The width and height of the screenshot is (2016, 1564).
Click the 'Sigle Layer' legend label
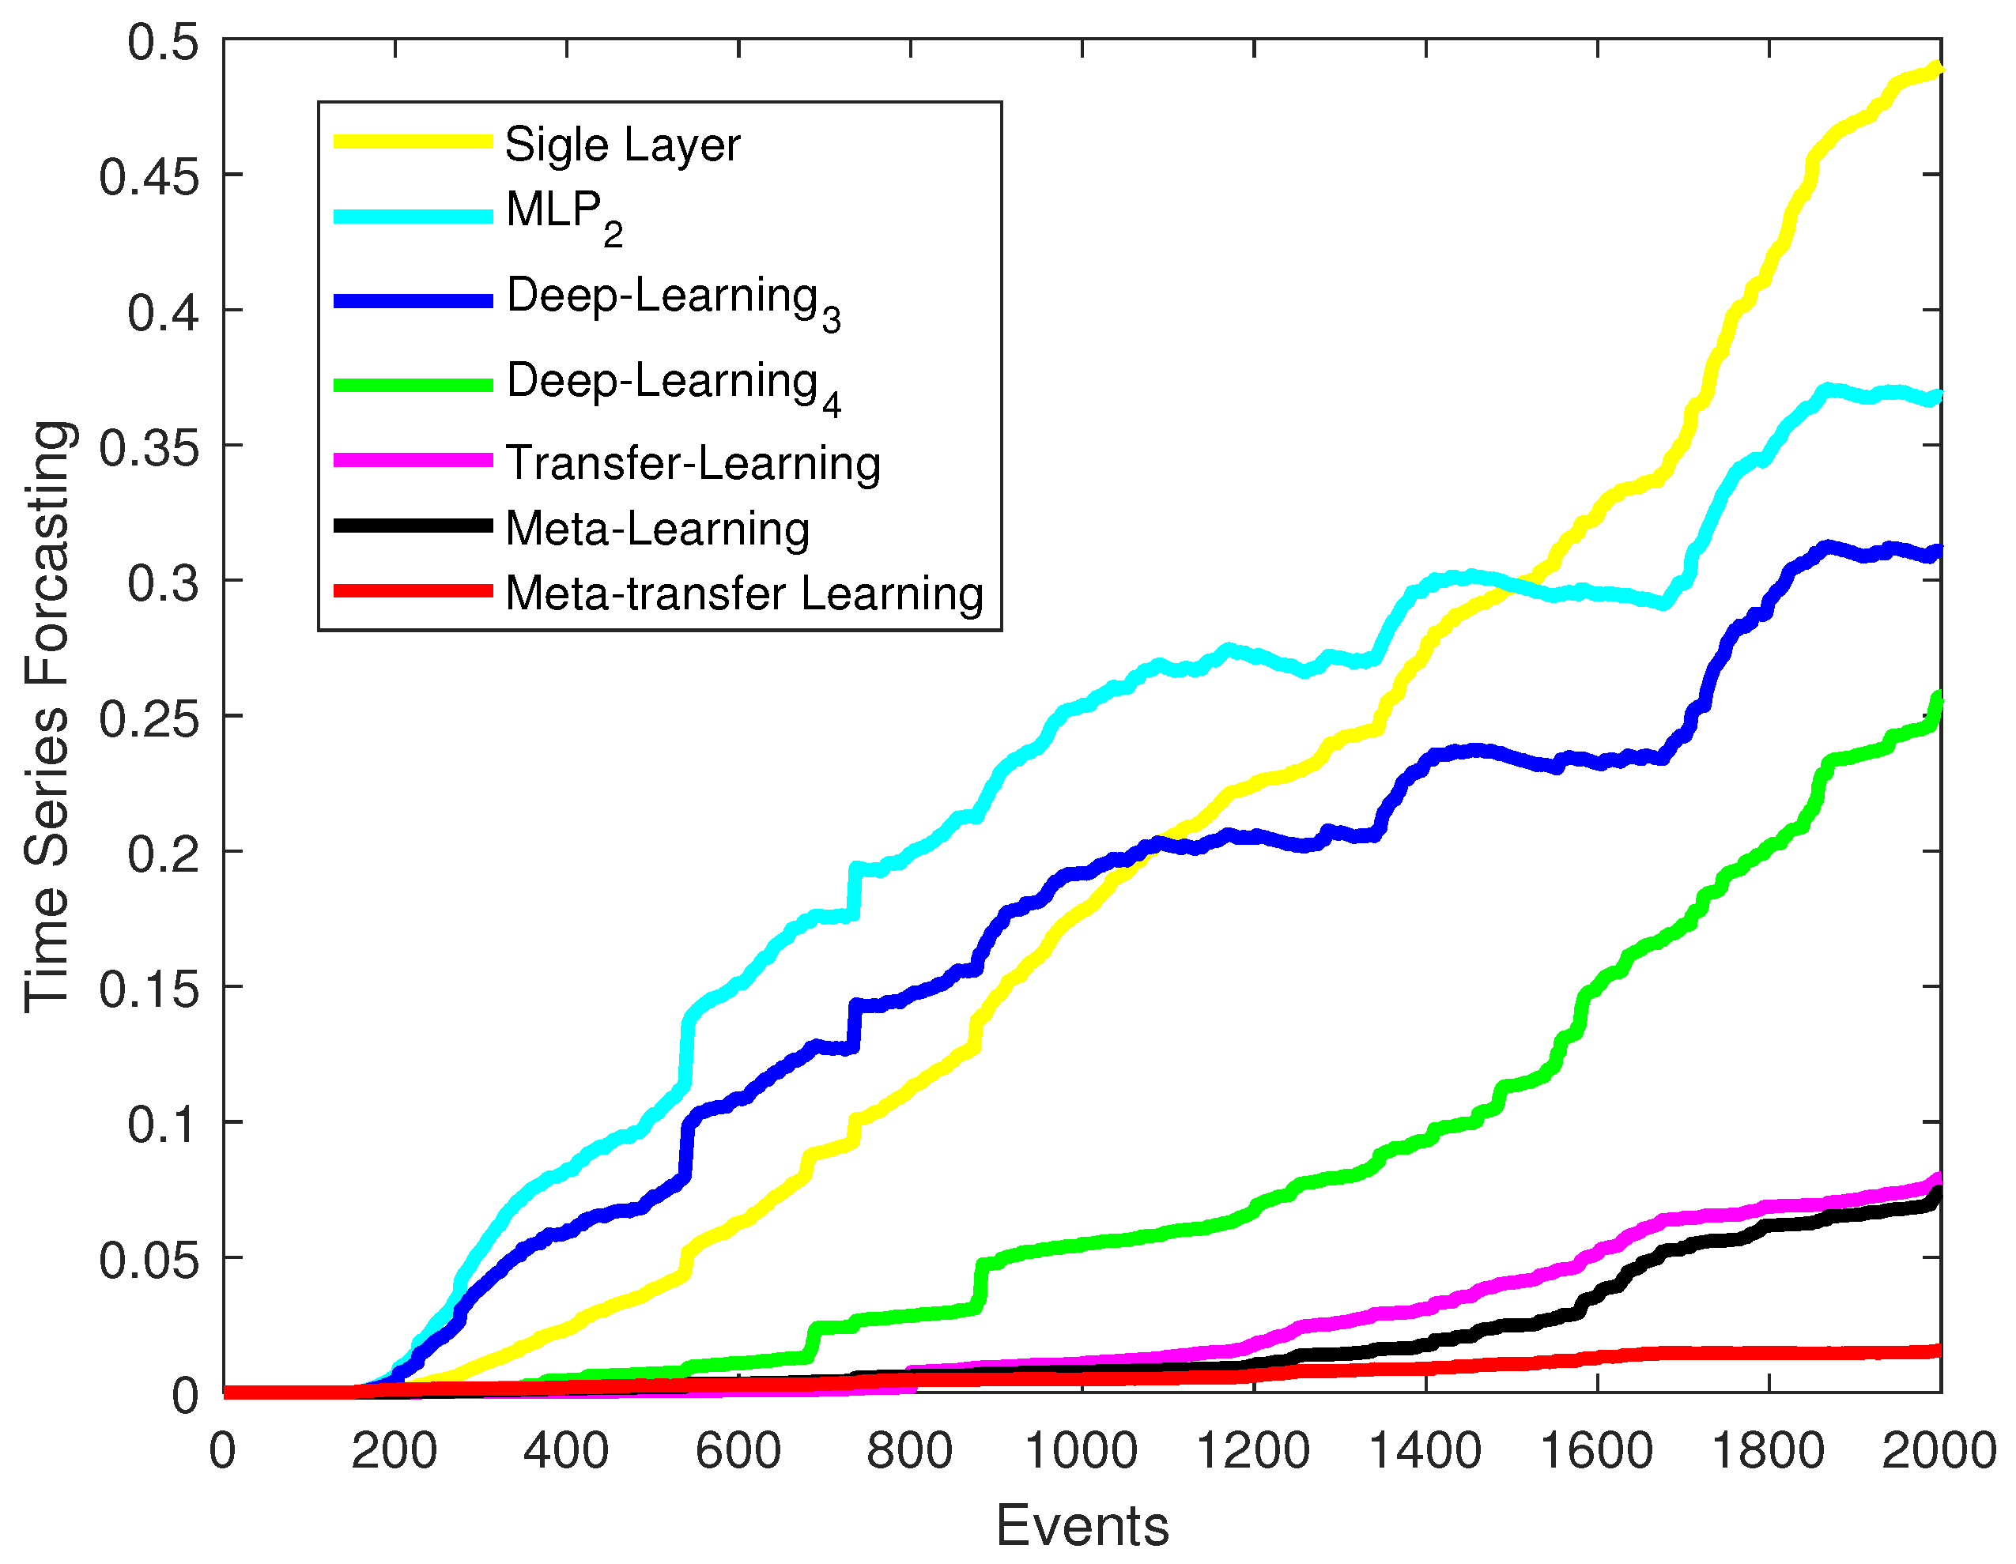coord(622,145)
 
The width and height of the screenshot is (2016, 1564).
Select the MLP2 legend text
coord(564,214)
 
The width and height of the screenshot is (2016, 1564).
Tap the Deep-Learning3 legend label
coord(673,299)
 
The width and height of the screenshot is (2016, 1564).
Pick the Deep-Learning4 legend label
coord(673,384)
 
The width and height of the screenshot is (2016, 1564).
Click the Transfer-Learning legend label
coord(693,462)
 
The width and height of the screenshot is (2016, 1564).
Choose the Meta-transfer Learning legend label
coord(744,593)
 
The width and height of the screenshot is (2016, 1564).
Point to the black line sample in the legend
coord(413,526)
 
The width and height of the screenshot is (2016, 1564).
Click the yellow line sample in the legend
coord(413,141)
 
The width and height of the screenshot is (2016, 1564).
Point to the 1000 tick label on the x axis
coord(1081,1449)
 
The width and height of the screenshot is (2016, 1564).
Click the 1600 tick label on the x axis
coord(1597,1449)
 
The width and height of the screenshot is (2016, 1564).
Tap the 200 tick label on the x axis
coord(395,1449)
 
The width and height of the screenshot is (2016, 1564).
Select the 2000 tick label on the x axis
coord(1939,1449)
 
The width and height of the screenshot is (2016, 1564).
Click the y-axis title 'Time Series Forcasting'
coord(47,716)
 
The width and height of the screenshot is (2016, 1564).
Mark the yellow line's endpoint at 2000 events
coord(1939,68)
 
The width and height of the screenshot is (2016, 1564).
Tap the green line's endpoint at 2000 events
coord(1939,697)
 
